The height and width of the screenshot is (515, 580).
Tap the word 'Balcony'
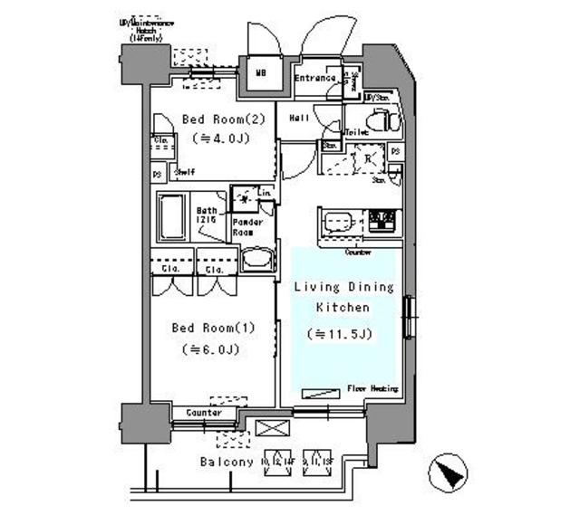[226, 463]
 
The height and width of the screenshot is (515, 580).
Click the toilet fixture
[381, 119]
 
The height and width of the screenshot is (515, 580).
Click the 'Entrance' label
[316, 79]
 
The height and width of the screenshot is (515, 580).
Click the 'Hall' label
[299, 119]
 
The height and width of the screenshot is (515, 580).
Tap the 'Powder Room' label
[247, 227]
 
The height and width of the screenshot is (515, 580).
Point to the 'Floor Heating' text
[372, 389]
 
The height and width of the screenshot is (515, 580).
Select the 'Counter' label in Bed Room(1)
[204, 413]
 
